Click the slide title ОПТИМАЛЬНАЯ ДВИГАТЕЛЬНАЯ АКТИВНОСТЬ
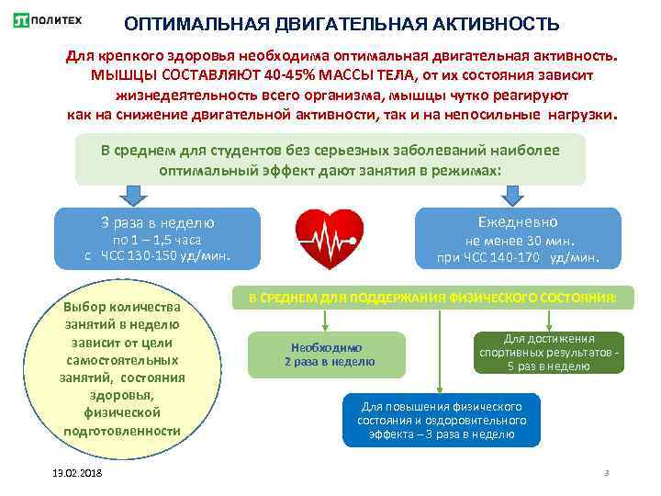click(341, 22)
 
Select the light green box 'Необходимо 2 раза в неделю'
click(326, 355)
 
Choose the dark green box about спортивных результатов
click(549, 352)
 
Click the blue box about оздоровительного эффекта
click(441, 420)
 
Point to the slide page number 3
click(606, 472)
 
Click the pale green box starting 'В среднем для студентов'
click(330, 160)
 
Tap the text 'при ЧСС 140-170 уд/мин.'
click(518, 258)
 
